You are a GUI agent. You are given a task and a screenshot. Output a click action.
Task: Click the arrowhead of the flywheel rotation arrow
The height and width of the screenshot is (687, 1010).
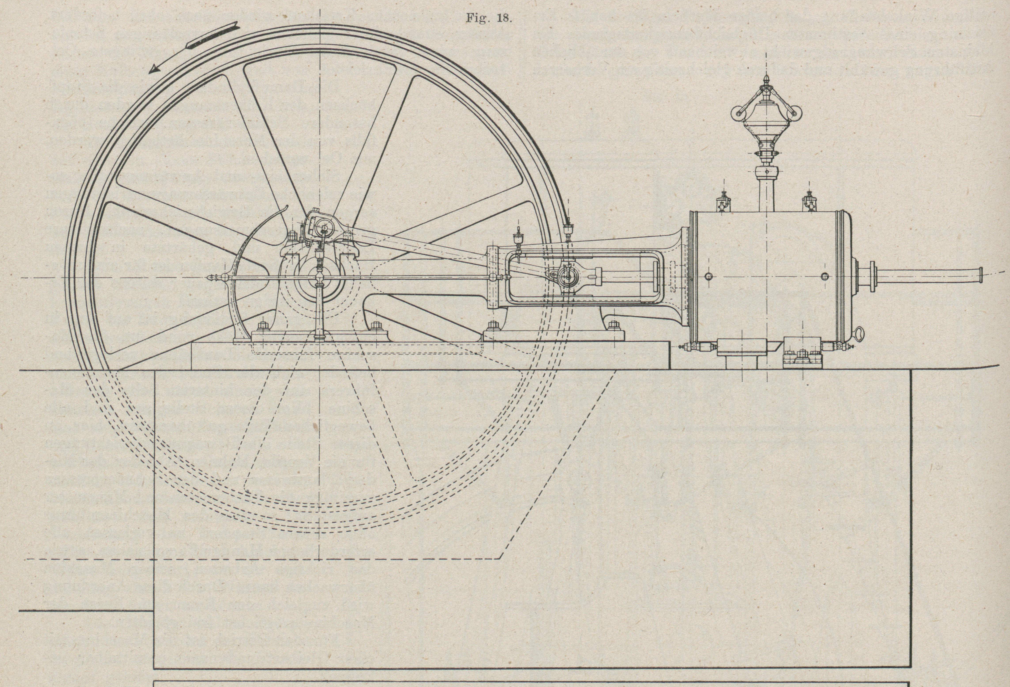[153, 70]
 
